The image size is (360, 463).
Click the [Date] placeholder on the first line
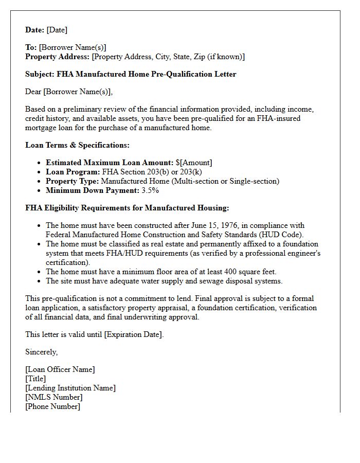(57, 30)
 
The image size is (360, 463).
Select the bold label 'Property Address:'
(58, 57)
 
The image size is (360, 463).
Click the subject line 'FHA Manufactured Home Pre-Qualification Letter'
(147, 74)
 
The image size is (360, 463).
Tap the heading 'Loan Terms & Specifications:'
(77, 145)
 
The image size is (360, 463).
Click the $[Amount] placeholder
(193, 163)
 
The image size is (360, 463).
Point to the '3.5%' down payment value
(151, 191)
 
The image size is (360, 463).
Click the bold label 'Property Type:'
(72, 182)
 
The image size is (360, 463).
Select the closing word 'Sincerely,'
(42, 352)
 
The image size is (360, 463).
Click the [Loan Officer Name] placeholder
(60, 370)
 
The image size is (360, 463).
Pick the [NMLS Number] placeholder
(54, 398)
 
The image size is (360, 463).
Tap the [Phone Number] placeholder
(52, 407)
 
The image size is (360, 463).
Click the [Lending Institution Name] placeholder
(70, 388)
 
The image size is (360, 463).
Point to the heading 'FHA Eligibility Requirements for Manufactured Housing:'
(127, 208)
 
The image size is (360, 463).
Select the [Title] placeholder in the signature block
(35, 379)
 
